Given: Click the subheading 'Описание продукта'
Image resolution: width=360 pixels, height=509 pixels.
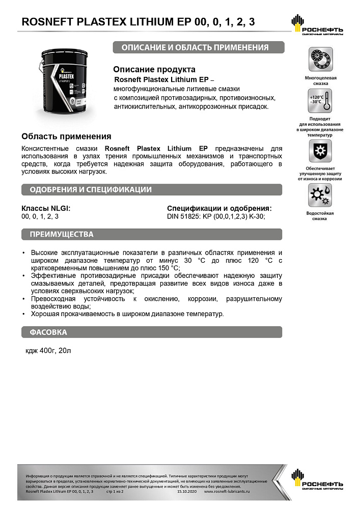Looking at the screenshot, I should pos(154,69).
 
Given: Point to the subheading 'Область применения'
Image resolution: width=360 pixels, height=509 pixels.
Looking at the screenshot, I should pos(66,136).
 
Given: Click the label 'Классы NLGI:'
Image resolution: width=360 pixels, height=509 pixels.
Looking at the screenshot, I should pos(46,208).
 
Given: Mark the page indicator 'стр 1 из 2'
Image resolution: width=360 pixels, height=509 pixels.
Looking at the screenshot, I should pos(118,492).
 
